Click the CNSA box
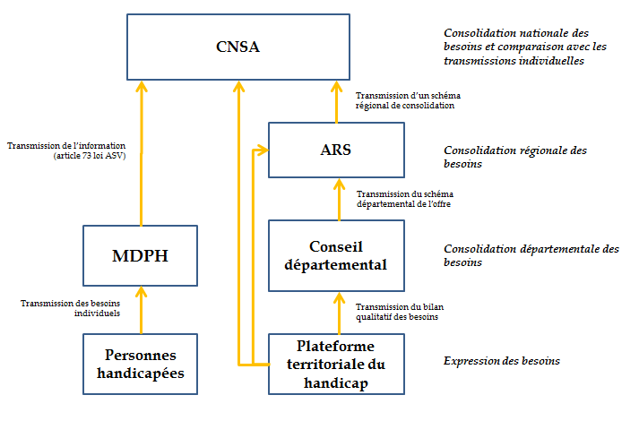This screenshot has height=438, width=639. click(x=237, y=47)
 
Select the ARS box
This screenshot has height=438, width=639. click(x=336, y=150)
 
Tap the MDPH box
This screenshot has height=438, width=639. click(x=140, y=255)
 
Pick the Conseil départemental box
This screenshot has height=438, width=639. click(x=336, y=255)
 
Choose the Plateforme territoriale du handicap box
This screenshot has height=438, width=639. click(x=336, y=364)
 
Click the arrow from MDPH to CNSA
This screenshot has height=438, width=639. click(x=141, y=152)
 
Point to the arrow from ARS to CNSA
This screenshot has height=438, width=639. click(x=337, y=101)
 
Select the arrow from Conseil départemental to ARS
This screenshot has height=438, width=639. click(x=338, y=199)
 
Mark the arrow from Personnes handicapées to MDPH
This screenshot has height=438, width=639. click(x=141, y=310)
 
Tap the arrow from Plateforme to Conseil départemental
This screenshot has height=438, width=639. click(x=338, y=313)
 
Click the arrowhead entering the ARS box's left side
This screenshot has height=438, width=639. click(x=263, y=150)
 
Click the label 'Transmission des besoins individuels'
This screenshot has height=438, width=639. click(x=71, y=308)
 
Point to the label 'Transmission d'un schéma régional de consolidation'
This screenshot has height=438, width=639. click(x=408, y=100)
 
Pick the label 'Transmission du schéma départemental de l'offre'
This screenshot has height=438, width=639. click(x=403, y=199)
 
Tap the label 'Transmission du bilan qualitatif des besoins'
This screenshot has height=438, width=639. click(x=400, y=311)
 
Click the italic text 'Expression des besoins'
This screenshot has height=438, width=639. click(x=501, y=361)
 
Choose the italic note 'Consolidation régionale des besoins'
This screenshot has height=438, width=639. click(x=515, y=157)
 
